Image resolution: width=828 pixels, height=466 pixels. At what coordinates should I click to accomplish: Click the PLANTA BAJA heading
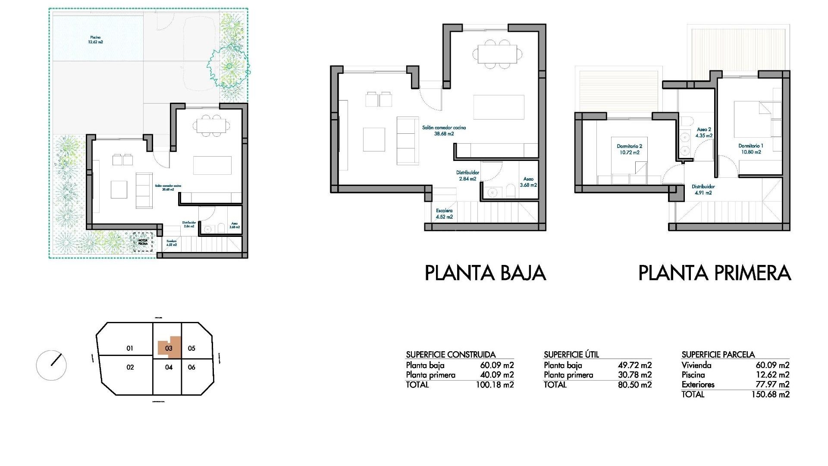coord(485,273)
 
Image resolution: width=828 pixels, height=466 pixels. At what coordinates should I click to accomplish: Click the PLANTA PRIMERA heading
coord(714,273)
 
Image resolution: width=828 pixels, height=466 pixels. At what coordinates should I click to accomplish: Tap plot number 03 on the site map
coord(169,348)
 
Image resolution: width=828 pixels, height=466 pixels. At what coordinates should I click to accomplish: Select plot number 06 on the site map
coord(191,367)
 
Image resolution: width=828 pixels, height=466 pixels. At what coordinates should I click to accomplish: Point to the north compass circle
coord(51,365)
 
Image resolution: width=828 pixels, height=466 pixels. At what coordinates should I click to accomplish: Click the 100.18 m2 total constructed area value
coord(495,385)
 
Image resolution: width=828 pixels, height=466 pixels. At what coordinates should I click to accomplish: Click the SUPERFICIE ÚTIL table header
coord(571,355)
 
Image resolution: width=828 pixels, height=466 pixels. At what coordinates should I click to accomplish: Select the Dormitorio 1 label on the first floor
coord(750,149)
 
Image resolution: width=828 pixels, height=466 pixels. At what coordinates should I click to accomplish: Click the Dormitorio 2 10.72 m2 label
coord(629,149)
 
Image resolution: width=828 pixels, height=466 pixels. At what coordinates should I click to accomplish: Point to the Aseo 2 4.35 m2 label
coord(704,132)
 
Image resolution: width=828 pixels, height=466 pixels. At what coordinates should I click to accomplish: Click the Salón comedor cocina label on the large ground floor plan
coord(444,131)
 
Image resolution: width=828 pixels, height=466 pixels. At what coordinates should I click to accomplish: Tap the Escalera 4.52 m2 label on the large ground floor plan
coord(444,214)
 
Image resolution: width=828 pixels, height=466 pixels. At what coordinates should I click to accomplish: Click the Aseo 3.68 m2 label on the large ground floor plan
coord(528,182)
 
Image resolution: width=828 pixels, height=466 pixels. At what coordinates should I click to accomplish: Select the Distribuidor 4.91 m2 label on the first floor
coord(703,190)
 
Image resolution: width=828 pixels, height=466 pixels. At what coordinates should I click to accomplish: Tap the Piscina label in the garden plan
coord(95,40)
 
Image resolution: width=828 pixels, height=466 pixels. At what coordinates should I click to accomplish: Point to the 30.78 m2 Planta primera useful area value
coord(634,375)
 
